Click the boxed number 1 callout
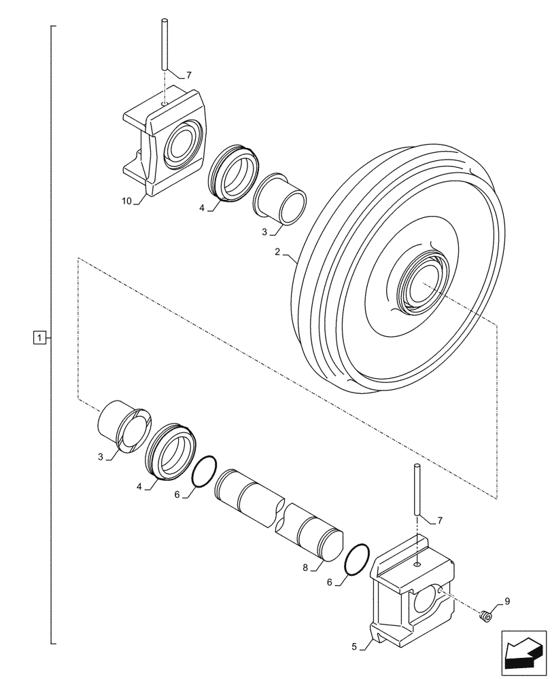click(x=41, y=337)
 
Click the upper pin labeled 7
click(x=164, y=44)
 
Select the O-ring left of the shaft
click(x=203, y=472)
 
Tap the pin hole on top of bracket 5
click(x=415, y=564)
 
